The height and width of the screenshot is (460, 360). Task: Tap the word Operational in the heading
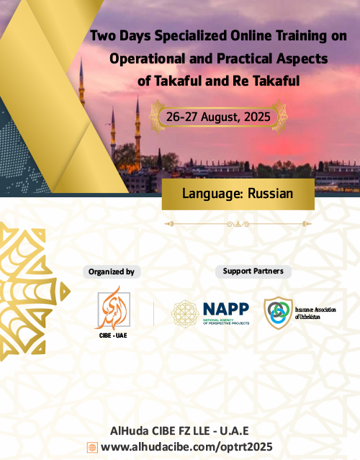[148, 58]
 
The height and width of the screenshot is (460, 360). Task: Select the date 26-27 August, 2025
[218, 117]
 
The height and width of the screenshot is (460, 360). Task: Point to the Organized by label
[112, 272]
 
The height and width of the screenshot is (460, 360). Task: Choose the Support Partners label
[253, 271]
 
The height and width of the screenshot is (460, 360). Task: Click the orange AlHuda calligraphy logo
[112, 308]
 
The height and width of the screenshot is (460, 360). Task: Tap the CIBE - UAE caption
[113, 335]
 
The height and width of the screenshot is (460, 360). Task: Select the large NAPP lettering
[226, 309]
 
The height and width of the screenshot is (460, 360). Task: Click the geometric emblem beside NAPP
[185, 313]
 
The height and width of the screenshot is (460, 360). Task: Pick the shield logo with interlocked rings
[278, 312]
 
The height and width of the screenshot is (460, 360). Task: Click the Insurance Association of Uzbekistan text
[315, 313]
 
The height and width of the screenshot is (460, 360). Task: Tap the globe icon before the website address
[92, 448]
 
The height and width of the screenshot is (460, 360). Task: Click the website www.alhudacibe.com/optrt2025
[186, 447]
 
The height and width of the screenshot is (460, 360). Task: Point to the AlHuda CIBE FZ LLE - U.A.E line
[179, 431]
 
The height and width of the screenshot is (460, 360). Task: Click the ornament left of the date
[157, 117]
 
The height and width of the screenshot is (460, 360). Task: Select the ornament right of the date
[279, 117]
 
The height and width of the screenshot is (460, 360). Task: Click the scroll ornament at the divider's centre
[238, 225]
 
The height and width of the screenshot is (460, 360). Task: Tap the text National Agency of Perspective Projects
[226, 322]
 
